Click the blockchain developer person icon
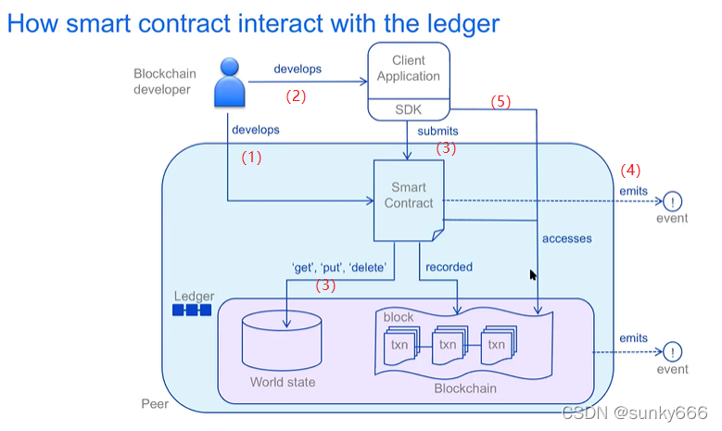point(230,82)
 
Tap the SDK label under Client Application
point(408,109)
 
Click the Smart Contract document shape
point(409,196)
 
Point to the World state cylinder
point(282,342)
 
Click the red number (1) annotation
point(251,158)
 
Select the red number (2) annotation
point(295,95)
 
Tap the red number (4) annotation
point(630,171)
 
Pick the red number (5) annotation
point(500,102)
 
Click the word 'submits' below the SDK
point(437,132)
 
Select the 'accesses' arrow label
point(566,238)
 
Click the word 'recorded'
point(449,267)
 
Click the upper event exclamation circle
point(672,201)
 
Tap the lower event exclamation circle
point(672,352)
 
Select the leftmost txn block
point(399,345)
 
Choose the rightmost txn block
point(497,345)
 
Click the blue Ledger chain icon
point(192,310)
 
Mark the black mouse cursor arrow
point(533,276)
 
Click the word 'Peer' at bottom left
point(155,404)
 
